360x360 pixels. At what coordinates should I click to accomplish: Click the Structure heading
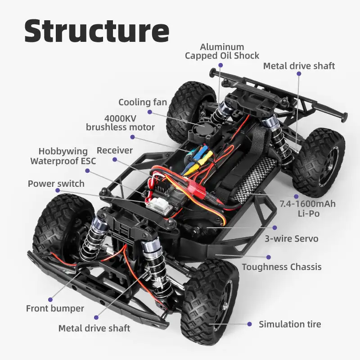tap(96, 31)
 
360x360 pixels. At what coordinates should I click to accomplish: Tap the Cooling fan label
tap(143, 102)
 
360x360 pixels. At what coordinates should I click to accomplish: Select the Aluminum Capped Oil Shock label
tap(222, 51)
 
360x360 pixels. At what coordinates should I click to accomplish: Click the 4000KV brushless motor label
tap(120, 122)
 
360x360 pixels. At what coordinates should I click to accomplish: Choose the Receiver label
tap(115, 150)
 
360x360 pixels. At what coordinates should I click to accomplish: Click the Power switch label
tap(56, 184)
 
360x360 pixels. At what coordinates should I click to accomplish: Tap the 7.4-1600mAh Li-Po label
tap(308, 209)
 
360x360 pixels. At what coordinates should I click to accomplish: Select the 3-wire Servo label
tap(297, 238)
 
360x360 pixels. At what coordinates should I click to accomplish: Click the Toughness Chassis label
tap(282, 267)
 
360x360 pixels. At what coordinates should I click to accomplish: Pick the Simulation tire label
tap(290, 324)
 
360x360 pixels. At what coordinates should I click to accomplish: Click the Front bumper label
tap(55, 308)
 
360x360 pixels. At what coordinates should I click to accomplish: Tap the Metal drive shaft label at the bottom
tap(94, 328)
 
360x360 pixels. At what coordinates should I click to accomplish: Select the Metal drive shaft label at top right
tap(299, 66)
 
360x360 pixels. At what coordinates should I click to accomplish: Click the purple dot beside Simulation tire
tap(249, 324)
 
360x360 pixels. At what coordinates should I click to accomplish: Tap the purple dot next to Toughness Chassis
tap(269, 257)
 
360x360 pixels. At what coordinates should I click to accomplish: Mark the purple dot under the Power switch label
tap(57, 190)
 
